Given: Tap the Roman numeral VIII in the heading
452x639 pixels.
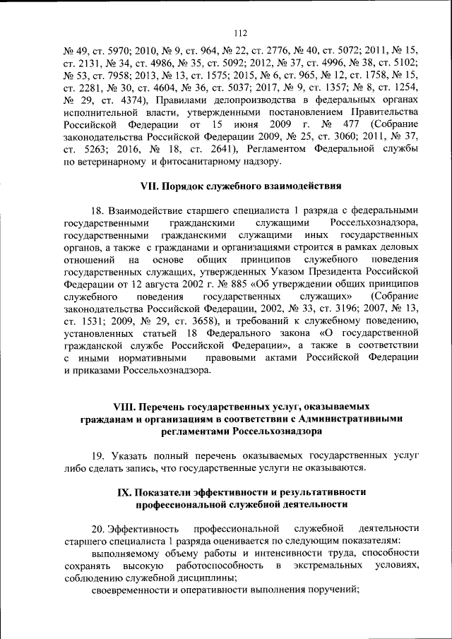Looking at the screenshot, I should click(124, 407).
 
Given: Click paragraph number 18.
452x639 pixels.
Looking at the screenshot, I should click(98, 210).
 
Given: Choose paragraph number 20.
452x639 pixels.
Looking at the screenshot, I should click(98, 528).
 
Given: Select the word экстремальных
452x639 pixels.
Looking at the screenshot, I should click(331, 566).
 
